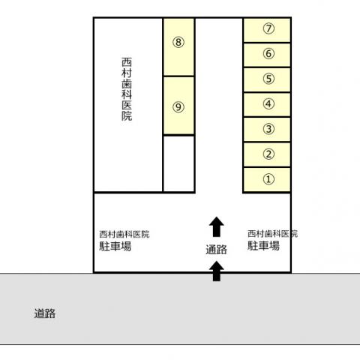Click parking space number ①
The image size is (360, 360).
click(x=267, y=180)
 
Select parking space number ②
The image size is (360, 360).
click(x=267, y=154)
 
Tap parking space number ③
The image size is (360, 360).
click(x=267, y=130)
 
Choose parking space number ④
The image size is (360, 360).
click(x=267, y=104)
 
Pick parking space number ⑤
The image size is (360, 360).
click(x=267, y=79)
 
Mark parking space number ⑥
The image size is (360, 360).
click(x=267, y=55)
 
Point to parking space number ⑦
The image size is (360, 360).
click(x=267, y=30)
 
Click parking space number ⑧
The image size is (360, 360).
click(x=178, y=46)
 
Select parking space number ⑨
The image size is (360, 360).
click(x=178, y=106)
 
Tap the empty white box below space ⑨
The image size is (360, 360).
click(x=178, y=163)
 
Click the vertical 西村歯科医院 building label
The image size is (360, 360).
click(x=127, y=89)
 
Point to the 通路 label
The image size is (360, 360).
click(x=217, y=250)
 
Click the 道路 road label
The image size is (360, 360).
click(x=45, y=313)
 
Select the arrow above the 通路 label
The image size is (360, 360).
click(x=217, y=226)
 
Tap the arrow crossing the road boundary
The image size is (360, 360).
click(x=217, y=271)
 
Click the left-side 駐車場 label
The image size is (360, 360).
click(x=115, y=246)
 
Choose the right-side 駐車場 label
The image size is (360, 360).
click(x=263, y=245)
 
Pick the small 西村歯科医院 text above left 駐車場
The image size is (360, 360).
click(x=124, y=234)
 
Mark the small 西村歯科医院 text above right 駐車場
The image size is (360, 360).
click(x=273, y=233)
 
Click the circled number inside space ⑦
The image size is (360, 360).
click(x=268, y=28)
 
